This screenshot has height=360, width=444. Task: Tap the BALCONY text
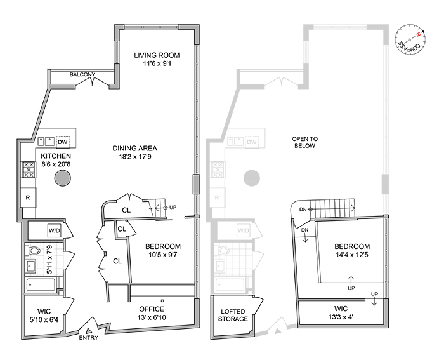pos(83,75)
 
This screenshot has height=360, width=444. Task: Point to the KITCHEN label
pos(56,156)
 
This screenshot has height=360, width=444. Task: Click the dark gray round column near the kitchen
pos(62,178)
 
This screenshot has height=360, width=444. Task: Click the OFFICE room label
pos(152,309)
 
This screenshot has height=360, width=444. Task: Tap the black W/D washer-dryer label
pos(55,229)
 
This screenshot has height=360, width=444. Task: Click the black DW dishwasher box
pos(62,142)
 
